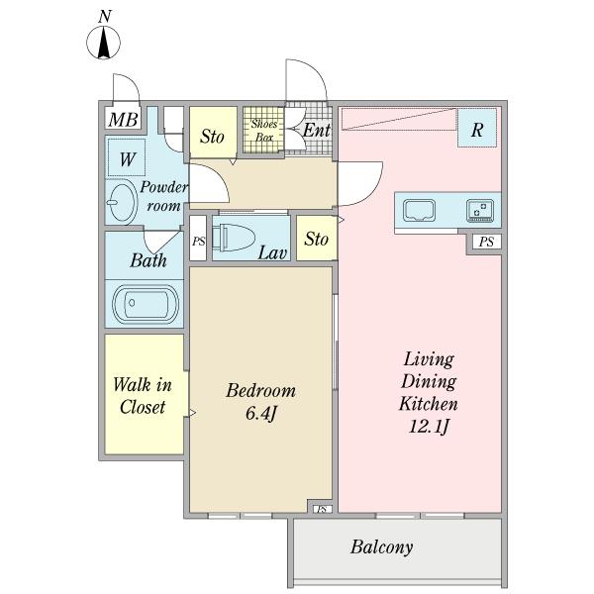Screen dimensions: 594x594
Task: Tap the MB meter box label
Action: point(123,120)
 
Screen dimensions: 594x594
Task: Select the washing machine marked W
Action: point(127,157)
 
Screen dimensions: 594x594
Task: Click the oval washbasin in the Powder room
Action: point(123,202)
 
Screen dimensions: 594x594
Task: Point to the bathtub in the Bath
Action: point(146,304)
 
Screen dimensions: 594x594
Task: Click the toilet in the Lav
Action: point(233,238)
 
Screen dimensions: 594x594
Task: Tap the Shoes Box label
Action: point(264,130)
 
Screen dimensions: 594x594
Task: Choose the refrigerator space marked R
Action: point(477,128)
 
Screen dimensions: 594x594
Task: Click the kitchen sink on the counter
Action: point(418,210)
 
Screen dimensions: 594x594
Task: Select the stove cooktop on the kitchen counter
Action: point(480,210)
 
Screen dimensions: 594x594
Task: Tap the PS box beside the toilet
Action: point(198,238)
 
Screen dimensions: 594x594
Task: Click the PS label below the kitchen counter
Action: point(486,242)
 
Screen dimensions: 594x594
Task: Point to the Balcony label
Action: point(381,547)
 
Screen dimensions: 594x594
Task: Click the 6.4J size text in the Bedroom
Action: point(260,413)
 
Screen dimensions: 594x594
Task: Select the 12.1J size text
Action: point(429,427)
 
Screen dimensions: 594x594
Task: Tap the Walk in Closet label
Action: point(143,396)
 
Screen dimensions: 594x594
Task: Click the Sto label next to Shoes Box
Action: point(212,137)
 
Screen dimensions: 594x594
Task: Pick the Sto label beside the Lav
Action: point(316,239)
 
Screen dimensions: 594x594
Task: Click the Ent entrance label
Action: point(317,131)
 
